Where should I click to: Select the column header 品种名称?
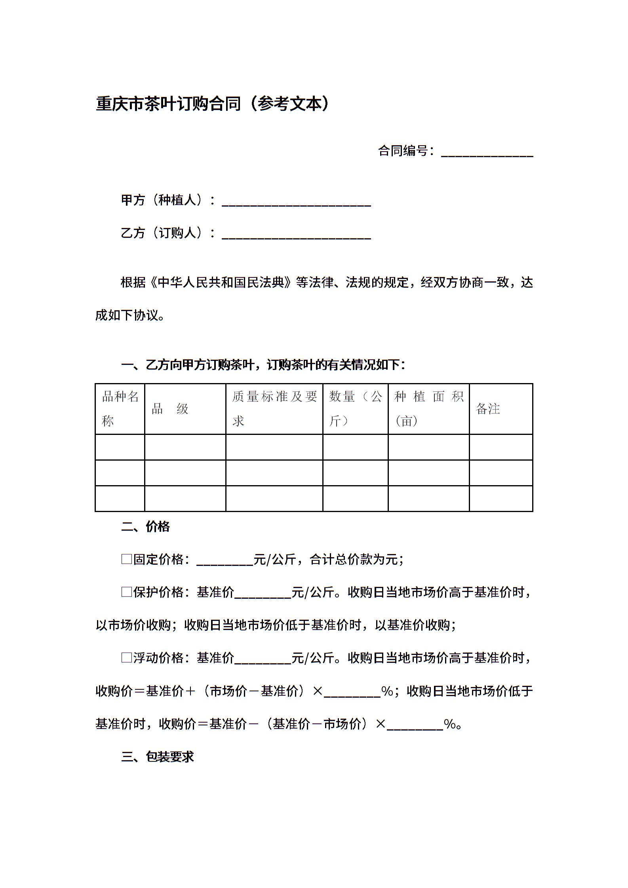pos(120,408)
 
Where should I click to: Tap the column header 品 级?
pos(170,409)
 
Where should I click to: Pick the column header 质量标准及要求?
pos(274,408)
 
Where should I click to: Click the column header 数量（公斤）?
pos(355,408)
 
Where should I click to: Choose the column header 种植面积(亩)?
pos(428,408)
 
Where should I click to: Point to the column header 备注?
pos(488,409)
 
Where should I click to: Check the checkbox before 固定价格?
pos(126,559)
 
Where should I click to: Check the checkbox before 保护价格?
pos(126,592)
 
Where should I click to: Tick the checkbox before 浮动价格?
pos(126,658)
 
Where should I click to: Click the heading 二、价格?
pos(145,526)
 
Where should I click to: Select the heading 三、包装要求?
pos(157,757)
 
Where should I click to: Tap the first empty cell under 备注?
pos(501,447)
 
